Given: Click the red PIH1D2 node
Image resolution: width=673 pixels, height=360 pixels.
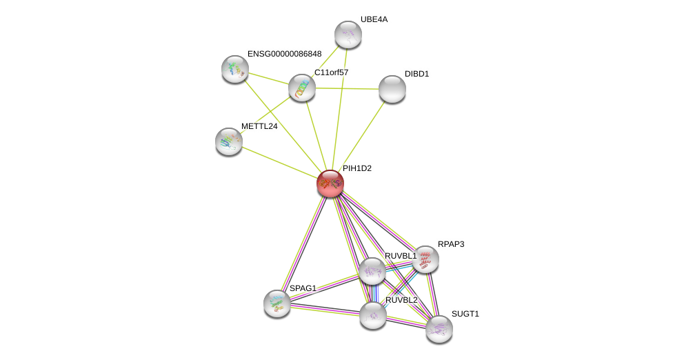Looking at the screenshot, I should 330,183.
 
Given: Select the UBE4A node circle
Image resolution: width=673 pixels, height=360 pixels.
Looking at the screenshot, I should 348,34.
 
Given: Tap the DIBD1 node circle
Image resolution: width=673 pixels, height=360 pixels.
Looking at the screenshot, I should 392,89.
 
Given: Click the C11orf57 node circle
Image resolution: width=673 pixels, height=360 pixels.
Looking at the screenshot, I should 302,88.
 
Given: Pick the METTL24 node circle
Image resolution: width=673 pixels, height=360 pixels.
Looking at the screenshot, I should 229,141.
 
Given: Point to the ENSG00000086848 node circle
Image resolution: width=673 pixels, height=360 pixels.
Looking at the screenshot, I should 235,69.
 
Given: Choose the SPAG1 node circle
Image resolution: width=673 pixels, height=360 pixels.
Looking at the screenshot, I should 277,303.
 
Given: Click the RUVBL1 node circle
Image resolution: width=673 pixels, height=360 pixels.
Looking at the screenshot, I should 372,271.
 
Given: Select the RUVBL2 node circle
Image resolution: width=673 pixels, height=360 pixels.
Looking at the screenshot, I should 373,315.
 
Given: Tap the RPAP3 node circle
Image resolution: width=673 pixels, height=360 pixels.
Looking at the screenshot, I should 425,259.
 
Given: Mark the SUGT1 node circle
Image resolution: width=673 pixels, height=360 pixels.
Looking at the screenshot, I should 439,329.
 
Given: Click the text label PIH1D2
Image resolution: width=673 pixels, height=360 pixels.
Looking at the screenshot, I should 357,168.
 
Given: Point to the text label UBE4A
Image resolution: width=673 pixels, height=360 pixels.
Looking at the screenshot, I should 374,19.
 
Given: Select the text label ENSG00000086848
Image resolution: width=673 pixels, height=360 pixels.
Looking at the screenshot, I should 284,54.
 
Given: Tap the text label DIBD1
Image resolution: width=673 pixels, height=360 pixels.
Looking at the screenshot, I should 416,74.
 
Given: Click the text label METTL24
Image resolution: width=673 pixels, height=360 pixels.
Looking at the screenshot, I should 259,126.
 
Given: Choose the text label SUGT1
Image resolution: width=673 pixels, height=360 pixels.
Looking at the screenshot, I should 465,314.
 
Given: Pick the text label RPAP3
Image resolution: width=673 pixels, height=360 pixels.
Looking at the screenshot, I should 451,244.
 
